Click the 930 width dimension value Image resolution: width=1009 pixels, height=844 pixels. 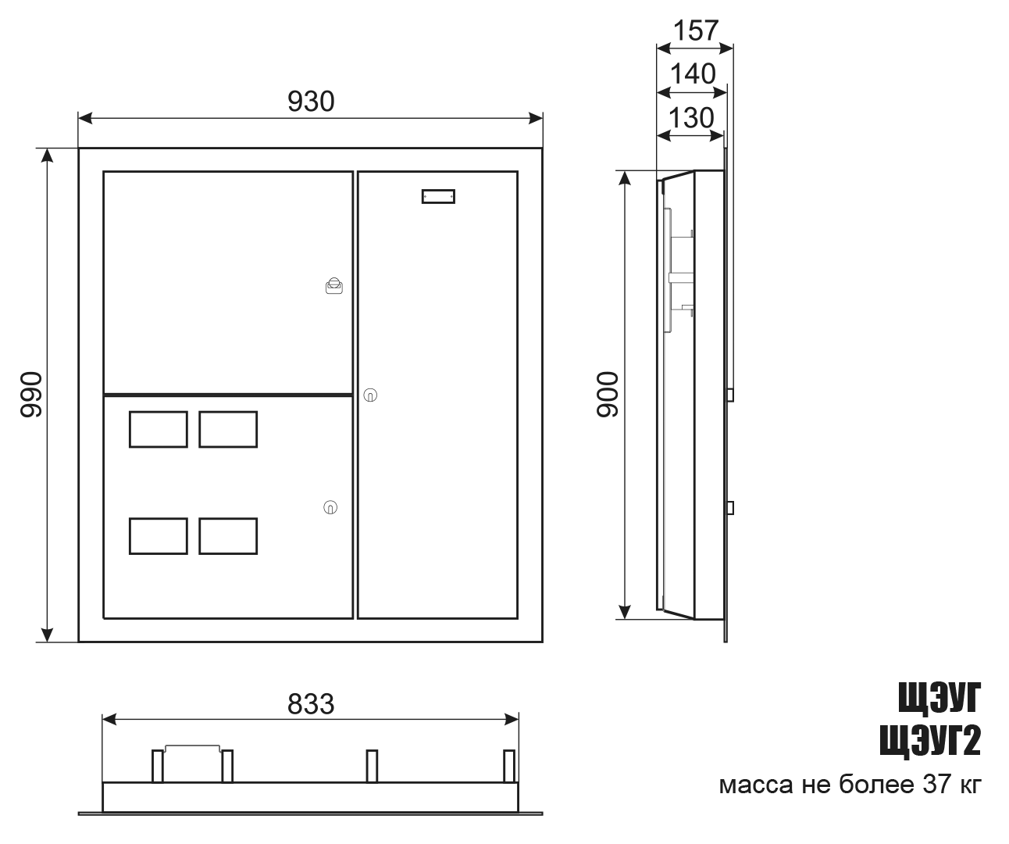tap(311, 102)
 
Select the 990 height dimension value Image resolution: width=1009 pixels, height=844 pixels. tap(31, 394)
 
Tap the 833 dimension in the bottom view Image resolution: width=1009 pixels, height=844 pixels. tap(311, 704)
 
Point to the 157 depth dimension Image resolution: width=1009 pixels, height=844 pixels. tap(696, 30)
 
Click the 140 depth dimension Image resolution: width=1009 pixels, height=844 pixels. tap(693, 74)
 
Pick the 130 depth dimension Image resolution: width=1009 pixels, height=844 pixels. tap(691, 118)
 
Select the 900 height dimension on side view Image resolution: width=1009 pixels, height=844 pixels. tap(608, 394)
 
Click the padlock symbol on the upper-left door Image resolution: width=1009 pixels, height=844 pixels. tap(334, 286)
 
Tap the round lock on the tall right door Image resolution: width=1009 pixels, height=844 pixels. tap(370, 395)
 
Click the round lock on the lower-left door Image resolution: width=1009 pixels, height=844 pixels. tap(330, 507)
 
